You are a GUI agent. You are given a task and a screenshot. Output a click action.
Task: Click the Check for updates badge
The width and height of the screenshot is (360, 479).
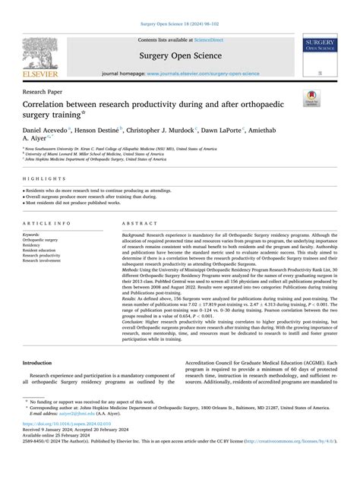click(332, 98)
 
